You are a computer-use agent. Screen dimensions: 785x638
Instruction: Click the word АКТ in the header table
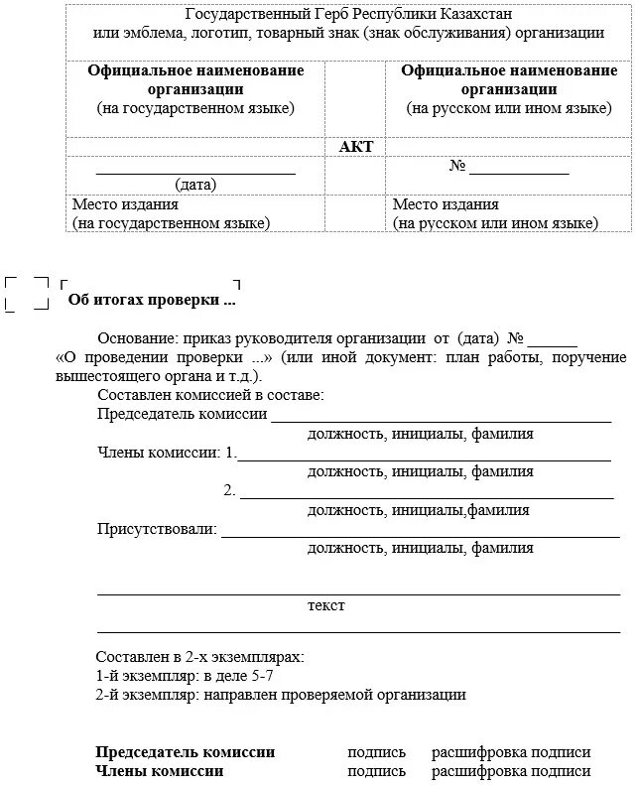coord(356,146)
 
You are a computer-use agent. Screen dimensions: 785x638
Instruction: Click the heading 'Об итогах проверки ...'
coord(152,299)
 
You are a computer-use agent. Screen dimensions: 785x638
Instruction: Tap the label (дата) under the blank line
coord(195,185)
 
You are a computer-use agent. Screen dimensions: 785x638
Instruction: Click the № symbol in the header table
coord(457,166)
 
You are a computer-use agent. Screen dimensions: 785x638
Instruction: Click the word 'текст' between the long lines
coord(326,604)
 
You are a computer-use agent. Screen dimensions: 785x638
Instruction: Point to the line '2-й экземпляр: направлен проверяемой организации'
coord(281,695)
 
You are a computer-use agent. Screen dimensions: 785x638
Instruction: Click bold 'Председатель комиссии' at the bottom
coord(186,752)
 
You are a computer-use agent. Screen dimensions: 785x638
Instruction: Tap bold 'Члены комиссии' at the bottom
coord(160,771)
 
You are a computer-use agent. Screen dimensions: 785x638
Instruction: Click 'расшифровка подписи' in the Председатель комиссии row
coord(511,752)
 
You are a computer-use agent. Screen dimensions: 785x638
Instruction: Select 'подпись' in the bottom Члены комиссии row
coord(376,771)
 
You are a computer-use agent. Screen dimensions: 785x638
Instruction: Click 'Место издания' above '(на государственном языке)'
coord(125,204)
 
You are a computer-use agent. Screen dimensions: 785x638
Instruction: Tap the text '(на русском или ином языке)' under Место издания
coord(495,223)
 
